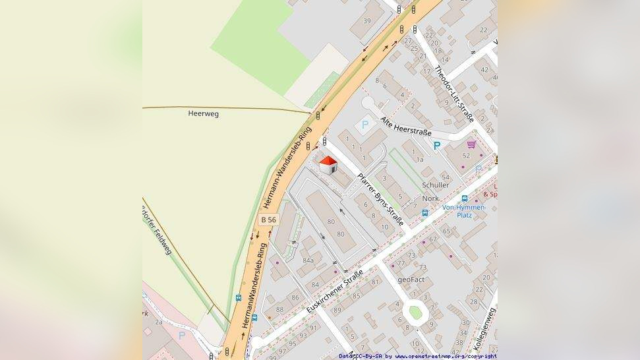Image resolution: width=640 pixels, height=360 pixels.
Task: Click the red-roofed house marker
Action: (328, 165)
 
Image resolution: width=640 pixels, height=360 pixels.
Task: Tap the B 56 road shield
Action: (268, 220)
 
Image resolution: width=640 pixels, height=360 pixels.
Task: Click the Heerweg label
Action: (203, 113)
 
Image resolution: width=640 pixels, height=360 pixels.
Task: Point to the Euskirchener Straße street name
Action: (335, 291)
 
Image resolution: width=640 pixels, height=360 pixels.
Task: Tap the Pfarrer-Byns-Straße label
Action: (380, 199)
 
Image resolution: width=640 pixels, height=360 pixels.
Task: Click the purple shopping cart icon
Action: (471, 144)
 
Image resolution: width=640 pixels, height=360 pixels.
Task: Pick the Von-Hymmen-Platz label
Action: (464, 211)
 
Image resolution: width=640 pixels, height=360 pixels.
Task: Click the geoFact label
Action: (411, 280)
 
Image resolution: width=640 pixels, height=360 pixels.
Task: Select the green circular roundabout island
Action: (415, 311)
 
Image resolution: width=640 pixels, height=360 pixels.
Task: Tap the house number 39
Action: (367, 21)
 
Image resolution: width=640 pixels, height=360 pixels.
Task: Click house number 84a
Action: (308, 260)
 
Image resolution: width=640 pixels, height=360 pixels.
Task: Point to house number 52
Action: (466, 156)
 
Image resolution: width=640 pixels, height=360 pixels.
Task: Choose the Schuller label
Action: (435, 185)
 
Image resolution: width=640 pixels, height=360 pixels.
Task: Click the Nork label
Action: (430, 198)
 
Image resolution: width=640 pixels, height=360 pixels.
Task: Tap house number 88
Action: (279, 309)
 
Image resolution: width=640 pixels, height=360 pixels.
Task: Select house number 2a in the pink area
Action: (159, 322)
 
